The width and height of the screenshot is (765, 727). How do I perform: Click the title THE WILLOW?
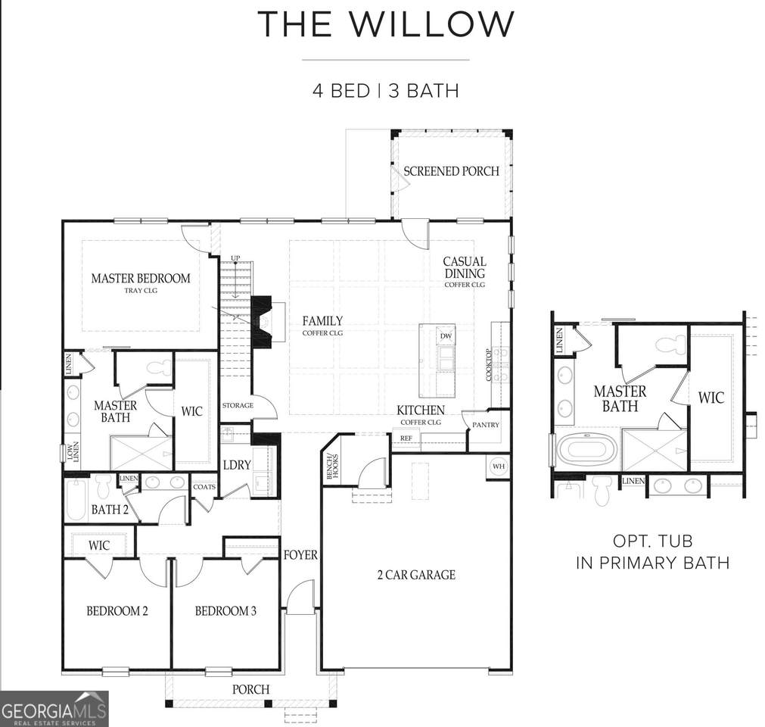(385, 23)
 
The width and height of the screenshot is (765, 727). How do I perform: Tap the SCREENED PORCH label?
(451, 171)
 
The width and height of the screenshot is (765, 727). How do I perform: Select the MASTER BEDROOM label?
(141, 278)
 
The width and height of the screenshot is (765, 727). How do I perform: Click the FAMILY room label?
(322, 321)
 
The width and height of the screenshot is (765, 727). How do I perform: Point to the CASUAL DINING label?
(465, 267)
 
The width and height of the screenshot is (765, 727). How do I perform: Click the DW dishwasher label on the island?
(446, 336)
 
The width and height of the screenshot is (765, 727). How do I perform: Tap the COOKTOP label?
(489, 365)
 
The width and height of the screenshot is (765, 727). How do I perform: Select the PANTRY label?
(486, 425)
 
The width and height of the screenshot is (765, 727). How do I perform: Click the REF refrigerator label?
(406, 438)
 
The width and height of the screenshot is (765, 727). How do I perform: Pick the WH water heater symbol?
(498, 466)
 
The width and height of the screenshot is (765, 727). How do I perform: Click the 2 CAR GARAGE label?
(416, 575)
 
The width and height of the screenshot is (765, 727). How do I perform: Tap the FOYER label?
(300, 554)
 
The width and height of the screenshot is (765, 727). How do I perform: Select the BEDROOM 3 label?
(225, 611)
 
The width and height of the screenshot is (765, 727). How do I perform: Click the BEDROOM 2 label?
(117, 611)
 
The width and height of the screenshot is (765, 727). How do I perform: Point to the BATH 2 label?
(110, 510)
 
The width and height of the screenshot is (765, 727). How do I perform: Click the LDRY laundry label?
(237, 465)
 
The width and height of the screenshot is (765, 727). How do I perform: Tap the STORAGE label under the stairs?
(238, 405)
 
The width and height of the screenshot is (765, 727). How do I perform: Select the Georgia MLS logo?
(54, 709)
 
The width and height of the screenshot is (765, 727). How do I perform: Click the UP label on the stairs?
(235, 257)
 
